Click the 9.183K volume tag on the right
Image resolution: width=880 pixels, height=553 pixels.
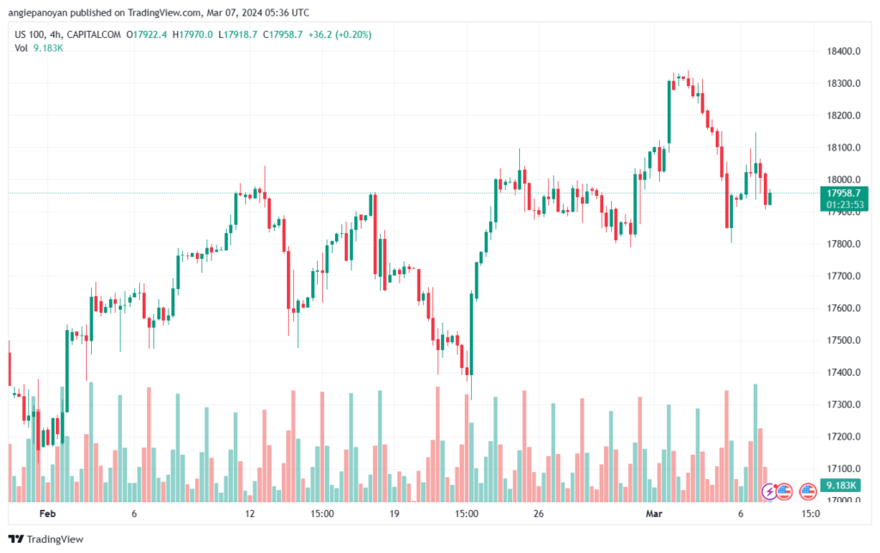[x=840, y=486]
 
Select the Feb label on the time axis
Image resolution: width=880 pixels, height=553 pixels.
[x=47, y=513]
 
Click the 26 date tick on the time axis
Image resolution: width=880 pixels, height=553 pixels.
[x=539, y=513]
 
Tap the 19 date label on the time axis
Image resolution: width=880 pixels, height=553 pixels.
[x=394, y=513]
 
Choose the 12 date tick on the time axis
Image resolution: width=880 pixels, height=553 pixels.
[x=250, y=513]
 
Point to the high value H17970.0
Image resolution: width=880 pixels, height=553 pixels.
[x=192, y=34]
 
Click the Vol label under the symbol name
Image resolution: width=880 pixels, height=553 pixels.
[x=21, y=47]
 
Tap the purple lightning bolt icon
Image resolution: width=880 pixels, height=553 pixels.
[x=772, y=491]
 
